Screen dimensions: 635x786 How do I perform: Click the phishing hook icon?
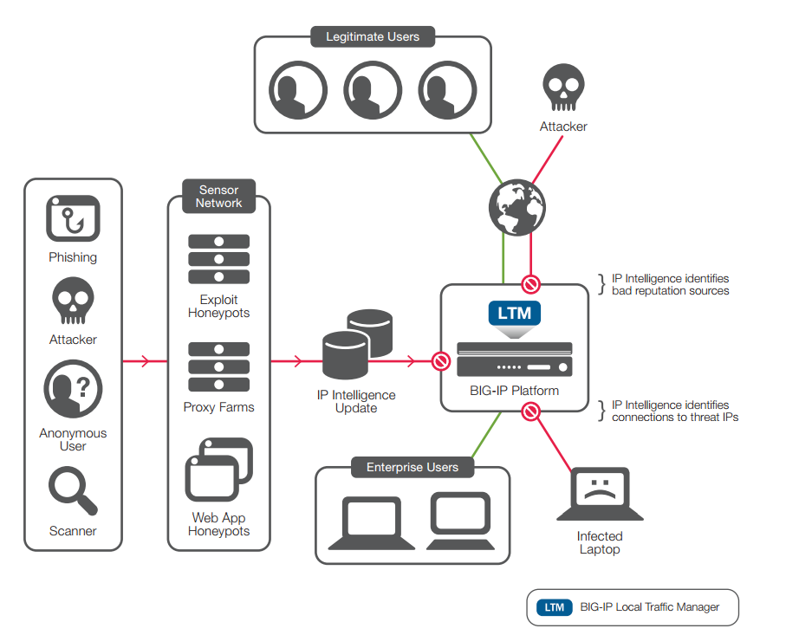73,219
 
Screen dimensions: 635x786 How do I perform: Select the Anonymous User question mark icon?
73,390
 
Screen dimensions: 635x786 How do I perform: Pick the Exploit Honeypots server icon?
218,259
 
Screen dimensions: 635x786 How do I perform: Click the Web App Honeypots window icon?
218,470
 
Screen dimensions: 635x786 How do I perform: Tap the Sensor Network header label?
218,196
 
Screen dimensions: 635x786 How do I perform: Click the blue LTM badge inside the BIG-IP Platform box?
515,312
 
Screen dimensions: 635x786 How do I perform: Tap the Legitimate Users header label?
373,37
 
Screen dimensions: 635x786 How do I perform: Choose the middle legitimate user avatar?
373,88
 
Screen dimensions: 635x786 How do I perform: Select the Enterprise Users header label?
412,468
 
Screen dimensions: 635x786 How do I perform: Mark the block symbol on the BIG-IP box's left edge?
441,360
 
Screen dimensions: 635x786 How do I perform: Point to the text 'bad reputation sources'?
670,291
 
